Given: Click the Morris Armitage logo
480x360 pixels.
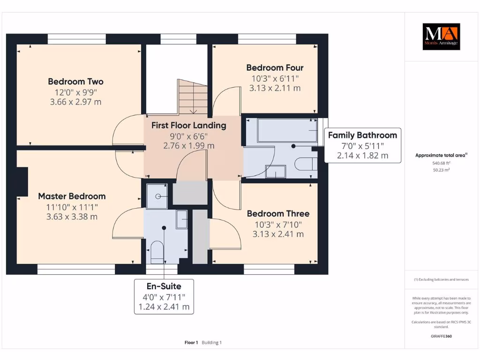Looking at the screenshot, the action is pyautogui.click(x=441, y=37).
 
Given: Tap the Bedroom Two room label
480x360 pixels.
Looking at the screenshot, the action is pyautogui.click(x=75, y=82).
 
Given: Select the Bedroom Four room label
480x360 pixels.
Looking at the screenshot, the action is pyautogui.click(x=275, y=67).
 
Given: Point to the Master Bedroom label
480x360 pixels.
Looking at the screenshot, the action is pyautogui.click(x=72, y=196).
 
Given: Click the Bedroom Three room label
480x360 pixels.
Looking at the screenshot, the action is pyautogui.click(x=278, y=214).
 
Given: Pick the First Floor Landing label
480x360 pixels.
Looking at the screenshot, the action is pyautogui.click(x=189, y=126).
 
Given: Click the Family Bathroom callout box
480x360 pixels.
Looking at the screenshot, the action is pyautogui.click(x=363, y=145).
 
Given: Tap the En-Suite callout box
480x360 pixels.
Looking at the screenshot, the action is pyautogui.click(x=164, y=297).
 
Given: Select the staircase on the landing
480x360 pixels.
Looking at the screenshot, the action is pyautogui.click(x=193, y=97).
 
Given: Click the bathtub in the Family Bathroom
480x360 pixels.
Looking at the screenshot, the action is pyautogui.click(x=287, y=130).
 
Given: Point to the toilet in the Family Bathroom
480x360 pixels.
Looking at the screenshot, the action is pyautogui.click(x=306, y=164).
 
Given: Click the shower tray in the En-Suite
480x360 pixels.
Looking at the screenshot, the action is pyautogui.click(x=157, y=196).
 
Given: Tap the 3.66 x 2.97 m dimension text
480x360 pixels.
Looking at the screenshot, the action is pyautogui.click(x=75, y=102).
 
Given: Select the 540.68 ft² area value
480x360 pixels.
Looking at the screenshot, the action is pyautogui.click(x=441, y=163).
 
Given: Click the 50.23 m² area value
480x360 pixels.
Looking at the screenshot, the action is pyautogui.click(x=441, y=170).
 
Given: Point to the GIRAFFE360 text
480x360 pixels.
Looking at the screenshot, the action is pyautogui.click(x=441, y=336).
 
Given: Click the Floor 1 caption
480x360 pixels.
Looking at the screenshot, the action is pyautogui.click(x=191, y=343).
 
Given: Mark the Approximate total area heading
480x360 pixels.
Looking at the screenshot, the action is pyautogui.click(x=441, y=155).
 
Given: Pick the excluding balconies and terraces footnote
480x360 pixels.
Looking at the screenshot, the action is pyautogui.click(x=441, y=279).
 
